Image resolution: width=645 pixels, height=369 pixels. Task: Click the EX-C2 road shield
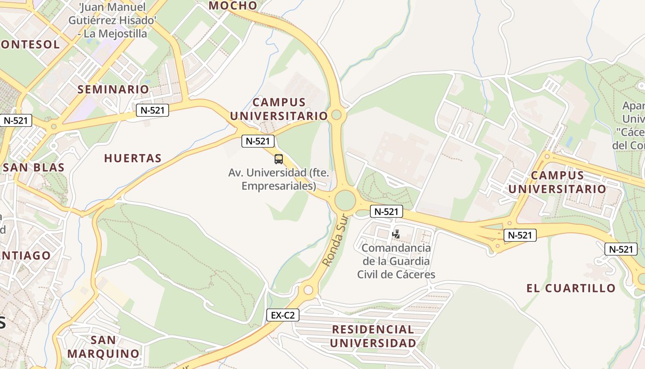[283, 315]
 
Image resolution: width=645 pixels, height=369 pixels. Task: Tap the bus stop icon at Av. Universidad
[279, 159]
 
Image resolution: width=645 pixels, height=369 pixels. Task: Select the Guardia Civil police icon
[395, 234]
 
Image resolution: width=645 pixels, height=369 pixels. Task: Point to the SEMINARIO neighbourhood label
[113, 89]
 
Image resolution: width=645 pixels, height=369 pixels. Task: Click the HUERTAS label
[133, 158]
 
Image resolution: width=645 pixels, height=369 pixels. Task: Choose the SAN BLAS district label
[34, 167]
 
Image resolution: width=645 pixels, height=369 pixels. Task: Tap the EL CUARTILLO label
[571, 288]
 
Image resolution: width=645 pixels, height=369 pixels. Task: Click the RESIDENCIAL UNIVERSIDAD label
[373, 336]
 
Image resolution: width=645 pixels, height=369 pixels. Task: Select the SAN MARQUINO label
[103, 347]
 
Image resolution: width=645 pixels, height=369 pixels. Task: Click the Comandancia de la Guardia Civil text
[396, 261]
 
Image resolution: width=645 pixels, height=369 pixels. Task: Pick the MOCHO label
[233, 6]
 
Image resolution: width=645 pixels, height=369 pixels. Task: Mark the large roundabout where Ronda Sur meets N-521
[345, 200]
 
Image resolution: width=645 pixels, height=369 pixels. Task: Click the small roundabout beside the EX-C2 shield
[308, 290]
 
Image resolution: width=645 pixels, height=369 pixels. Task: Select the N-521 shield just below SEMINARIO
[152, 110]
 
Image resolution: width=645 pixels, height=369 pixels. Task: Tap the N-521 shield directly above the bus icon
[258, 141]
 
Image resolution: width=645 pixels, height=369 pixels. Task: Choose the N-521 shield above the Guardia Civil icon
[386, 212]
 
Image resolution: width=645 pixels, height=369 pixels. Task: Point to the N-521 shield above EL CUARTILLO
[621, 249]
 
